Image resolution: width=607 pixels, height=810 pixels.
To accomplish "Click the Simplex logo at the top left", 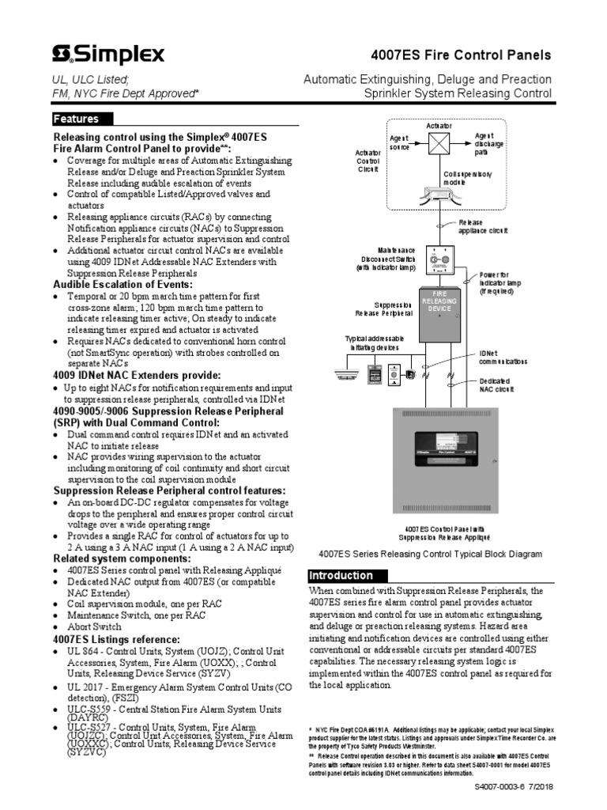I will pos(108,54).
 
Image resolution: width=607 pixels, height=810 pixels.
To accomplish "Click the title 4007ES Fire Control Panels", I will pos(461,55).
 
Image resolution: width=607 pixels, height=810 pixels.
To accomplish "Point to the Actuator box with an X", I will pos(439,143).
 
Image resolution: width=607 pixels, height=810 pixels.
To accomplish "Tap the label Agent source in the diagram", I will pos(399,142).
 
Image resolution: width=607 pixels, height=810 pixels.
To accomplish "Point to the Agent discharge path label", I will pos(487,144).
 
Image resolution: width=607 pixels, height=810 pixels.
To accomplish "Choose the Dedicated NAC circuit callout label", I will pos(497,385).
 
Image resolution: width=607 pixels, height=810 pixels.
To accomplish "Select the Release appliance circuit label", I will pos(484,227).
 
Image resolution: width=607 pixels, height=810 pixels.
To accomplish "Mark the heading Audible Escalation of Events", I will pos(123,284).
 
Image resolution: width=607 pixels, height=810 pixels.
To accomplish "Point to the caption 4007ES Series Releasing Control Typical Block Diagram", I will pos(430,555).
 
